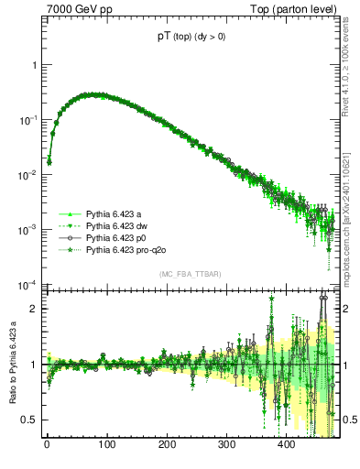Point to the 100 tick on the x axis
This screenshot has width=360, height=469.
pyautogui.click(x=106, y=445)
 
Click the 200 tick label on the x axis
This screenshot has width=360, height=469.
pyautogui.click(x=167, y=445)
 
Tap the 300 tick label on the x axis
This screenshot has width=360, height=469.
pyautogui.click(x=226, y=445)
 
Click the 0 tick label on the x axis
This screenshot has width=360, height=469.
pyautogui.click(x=47, y=445)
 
